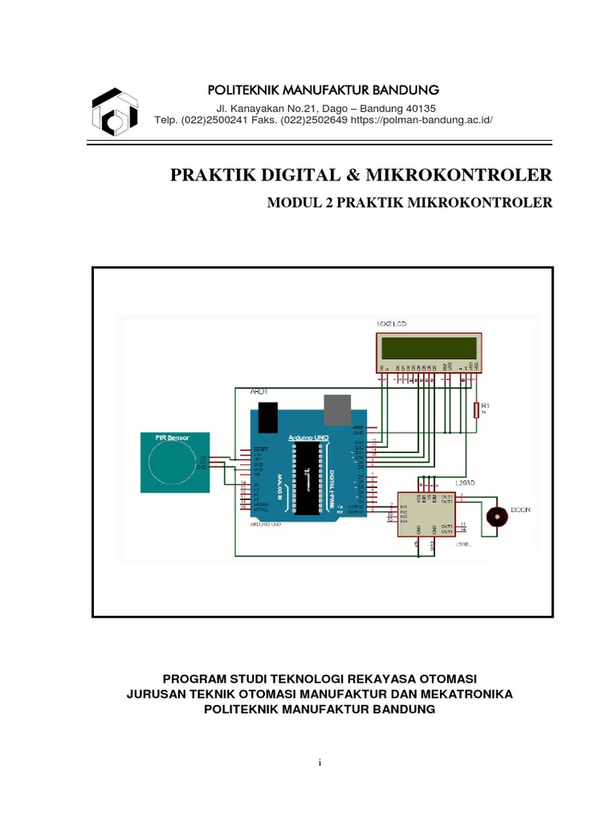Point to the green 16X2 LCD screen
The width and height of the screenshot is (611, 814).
(430, 347)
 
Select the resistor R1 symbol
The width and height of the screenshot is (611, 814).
(477, 409)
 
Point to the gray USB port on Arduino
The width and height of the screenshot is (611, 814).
(337, 408)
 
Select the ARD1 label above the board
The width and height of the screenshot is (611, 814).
(260, 392)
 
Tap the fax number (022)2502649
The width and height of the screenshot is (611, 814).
(311, 120)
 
